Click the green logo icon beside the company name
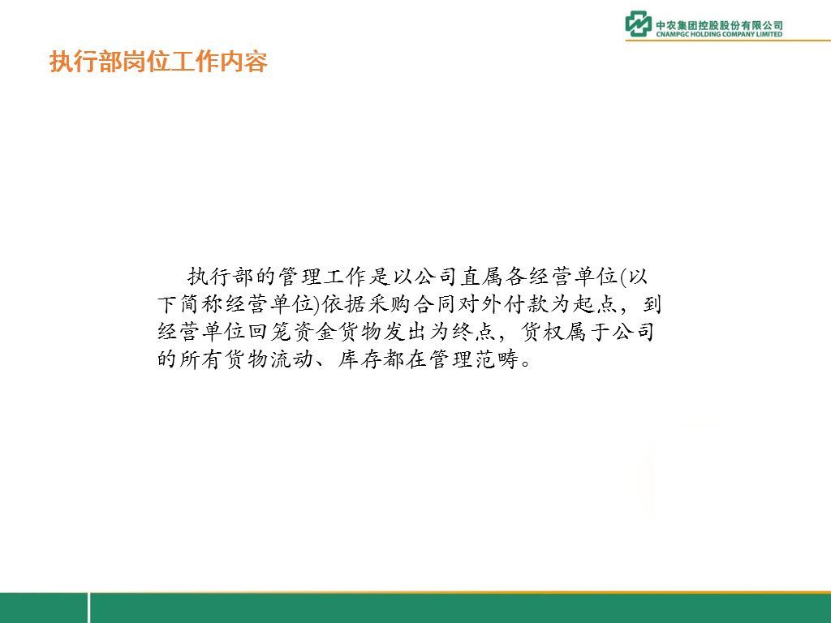click(x=638, y=24)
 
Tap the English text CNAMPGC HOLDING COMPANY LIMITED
click(x=719, y=34)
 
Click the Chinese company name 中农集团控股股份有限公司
click(x=719, y=24)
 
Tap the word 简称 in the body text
click(x=201, y=304)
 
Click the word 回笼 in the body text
click(x=270, y=332)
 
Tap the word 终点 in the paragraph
click(x=474, y=332)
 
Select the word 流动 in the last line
click(x=292, y=359)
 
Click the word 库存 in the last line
click(x=360, y=359)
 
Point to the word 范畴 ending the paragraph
click(x=496, y=359)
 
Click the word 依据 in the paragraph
click(x=343, y=304)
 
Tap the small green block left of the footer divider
click(x=44, y=608)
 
